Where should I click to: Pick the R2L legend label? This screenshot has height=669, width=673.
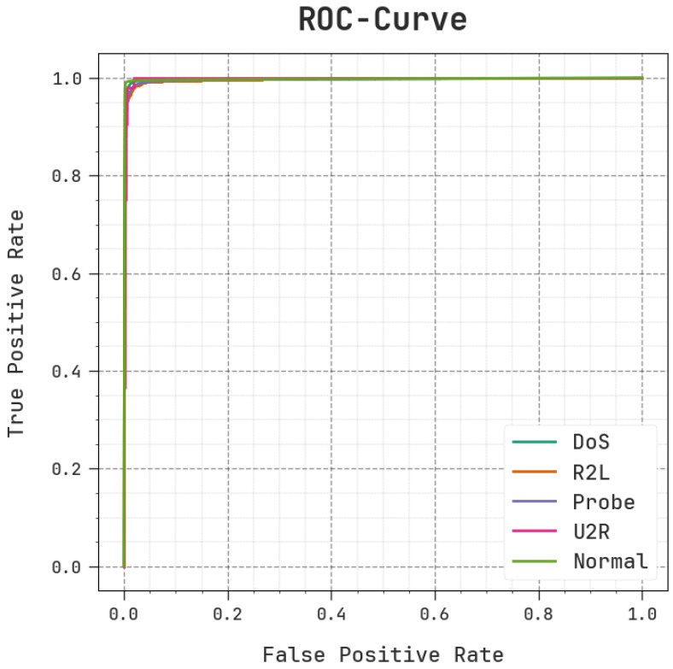(591, 472)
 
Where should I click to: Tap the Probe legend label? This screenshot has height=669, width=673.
(604, 502)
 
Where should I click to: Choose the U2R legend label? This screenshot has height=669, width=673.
(591, 531)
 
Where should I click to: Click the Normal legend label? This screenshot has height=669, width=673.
(610, 561)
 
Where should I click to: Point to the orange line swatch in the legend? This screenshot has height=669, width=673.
(534, 472)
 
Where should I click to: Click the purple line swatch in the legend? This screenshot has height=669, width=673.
(534, 502)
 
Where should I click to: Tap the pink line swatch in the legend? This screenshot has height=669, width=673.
(534, 531)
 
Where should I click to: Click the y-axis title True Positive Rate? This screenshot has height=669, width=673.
(16, 322)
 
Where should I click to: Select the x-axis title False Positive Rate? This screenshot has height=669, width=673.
(383, 654)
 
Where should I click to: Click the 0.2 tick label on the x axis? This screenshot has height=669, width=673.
(228, 613)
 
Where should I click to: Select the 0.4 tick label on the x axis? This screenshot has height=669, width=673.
(331, 613)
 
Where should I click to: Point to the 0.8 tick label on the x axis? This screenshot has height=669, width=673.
(538, 613)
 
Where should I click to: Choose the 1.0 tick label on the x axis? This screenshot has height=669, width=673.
(641, 613)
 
